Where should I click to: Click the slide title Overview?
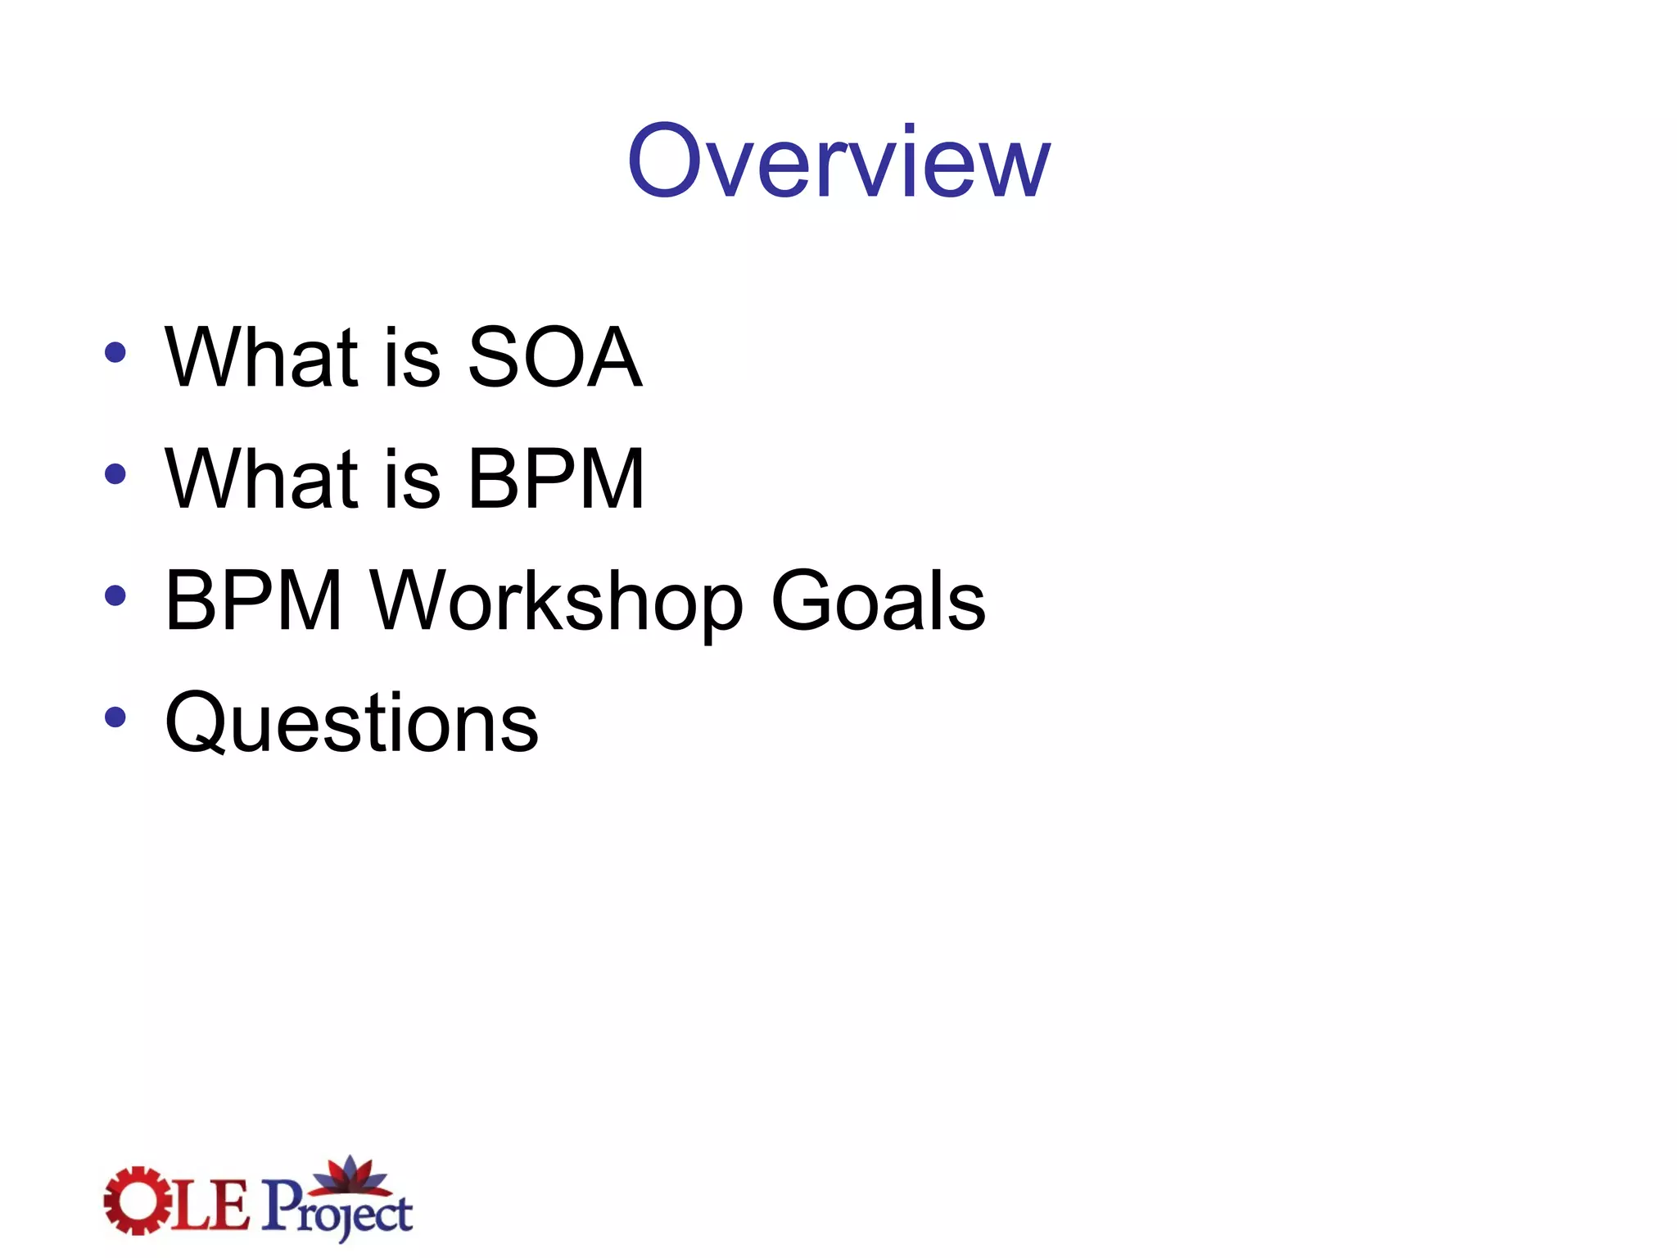[838, 161]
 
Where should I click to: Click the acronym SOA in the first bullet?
[554, 357]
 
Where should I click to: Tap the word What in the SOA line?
[261, 357]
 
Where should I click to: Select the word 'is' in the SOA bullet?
[412, 359]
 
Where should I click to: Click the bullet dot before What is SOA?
[115, 353]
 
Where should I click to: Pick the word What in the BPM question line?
[261, 478]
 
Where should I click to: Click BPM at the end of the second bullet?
[556, 478]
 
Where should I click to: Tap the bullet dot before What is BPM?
[115, 474]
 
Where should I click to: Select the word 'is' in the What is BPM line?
[412, 480]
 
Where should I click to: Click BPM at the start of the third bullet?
[253, 600]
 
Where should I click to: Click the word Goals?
[878, 600]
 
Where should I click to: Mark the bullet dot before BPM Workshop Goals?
[115, 595]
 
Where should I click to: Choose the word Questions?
[351, 723]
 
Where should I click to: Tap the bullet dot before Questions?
[115, 717]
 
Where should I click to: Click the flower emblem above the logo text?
[350, 1174]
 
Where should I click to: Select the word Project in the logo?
[337, 1209]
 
